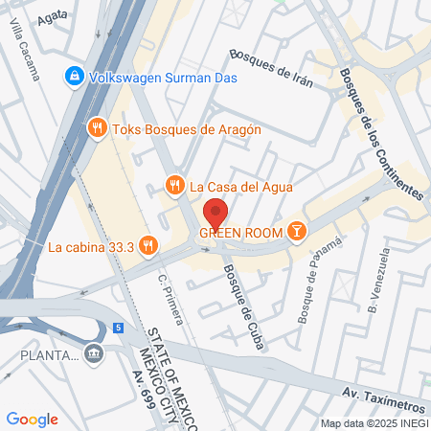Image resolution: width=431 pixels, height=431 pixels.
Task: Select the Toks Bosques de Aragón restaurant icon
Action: tap(96, 127)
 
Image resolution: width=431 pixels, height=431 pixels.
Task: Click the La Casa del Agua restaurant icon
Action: tap(173, 185)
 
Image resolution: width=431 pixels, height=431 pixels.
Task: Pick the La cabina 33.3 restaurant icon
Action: tap(147, 246)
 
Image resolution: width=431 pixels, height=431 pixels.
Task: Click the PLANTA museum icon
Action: tap(93, 355)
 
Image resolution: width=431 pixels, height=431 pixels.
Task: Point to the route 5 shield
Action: tap(118, 328)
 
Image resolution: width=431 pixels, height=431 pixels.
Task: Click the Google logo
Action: tap(32, 419)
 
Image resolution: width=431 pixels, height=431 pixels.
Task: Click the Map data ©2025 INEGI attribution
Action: tap(374, 422)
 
